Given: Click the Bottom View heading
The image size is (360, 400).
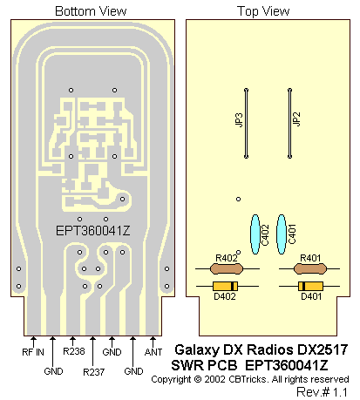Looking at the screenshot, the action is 91,11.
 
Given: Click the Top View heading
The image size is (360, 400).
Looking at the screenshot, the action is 263,11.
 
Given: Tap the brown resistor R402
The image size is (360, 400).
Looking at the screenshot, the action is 227,268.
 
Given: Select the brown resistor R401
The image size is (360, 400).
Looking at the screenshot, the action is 310,268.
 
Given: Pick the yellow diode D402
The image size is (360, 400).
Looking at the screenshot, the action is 225,286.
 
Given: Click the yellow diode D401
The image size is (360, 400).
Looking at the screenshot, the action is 310,286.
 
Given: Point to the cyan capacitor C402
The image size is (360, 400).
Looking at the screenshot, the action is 255,234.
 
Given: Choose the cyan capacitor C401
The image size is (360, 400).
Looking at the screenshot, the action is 282,234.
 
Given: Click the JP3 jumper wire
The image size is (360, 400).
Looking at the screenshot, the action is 246,124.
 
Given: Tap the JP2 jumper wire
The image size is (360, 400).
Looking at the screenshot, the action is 289,124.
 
